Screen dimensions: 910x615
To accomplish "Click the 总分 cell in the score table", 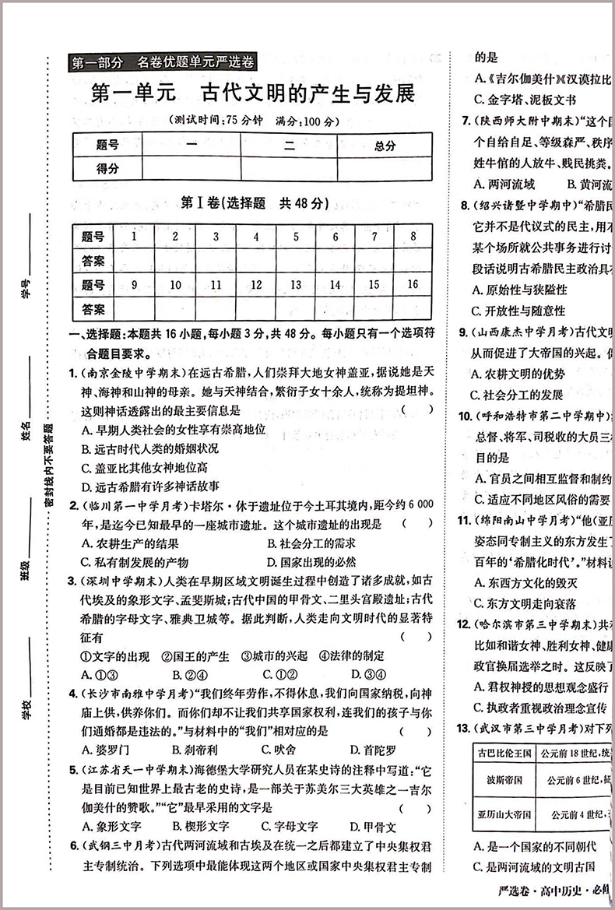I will coord(384,145).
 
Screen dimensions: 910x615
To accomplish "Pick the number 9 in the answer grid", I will coord(134,284).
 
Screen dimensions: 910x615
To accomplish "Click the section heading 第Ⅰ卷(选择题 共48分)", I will coord(254,203).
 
